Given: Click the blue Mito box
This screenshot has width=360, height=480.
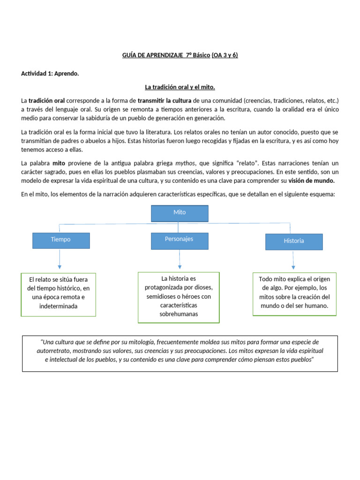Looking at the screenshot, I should [x=180, y=213].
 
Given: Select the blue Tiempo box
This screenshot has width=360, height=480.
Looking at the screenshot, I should [x=61, y=240].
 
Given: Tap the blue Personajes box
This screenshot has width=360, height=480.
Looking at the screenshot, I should [x=179, y=240].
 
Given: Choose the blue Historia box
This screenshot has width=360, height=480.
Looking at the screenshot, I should [x=294, y=241].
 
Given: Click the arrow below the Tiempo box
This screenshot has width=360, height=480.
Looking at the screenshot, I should [x=60, y=260].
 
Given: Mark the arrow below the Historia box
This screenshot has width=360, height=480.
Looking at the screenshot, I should [x=293, y=261].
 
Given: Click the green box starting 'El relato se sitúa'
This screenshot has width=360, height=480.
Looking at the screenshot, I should [x=58, y=293].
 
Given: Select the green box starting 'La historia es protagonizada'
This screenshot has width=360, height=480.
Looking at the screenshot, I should [x=179, y=297].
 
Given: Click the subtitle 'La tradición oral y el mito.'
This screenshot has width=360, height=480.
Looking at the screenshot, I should [x=180, y=87].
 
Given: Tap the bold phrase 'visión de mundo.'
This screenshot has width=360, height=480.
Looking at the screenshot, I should [x=311, y=180].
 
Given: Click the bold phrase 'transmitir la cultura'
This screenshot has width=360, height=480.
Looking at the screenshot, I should [x=165, y=100].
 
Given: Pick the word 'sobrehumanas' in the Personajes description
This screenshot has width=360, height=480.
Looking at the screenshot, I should [x=179, y=314].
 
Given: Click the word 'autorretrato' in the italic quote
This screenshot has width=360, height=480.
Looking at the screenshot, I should [x=54, y=351].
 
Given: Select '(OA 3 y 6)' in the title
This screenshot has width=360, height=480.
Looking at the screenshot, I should [x=225, y=55].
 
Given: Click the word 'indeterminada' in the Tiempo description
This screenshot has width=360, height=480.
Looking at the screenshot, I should [x=58, y=306].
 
